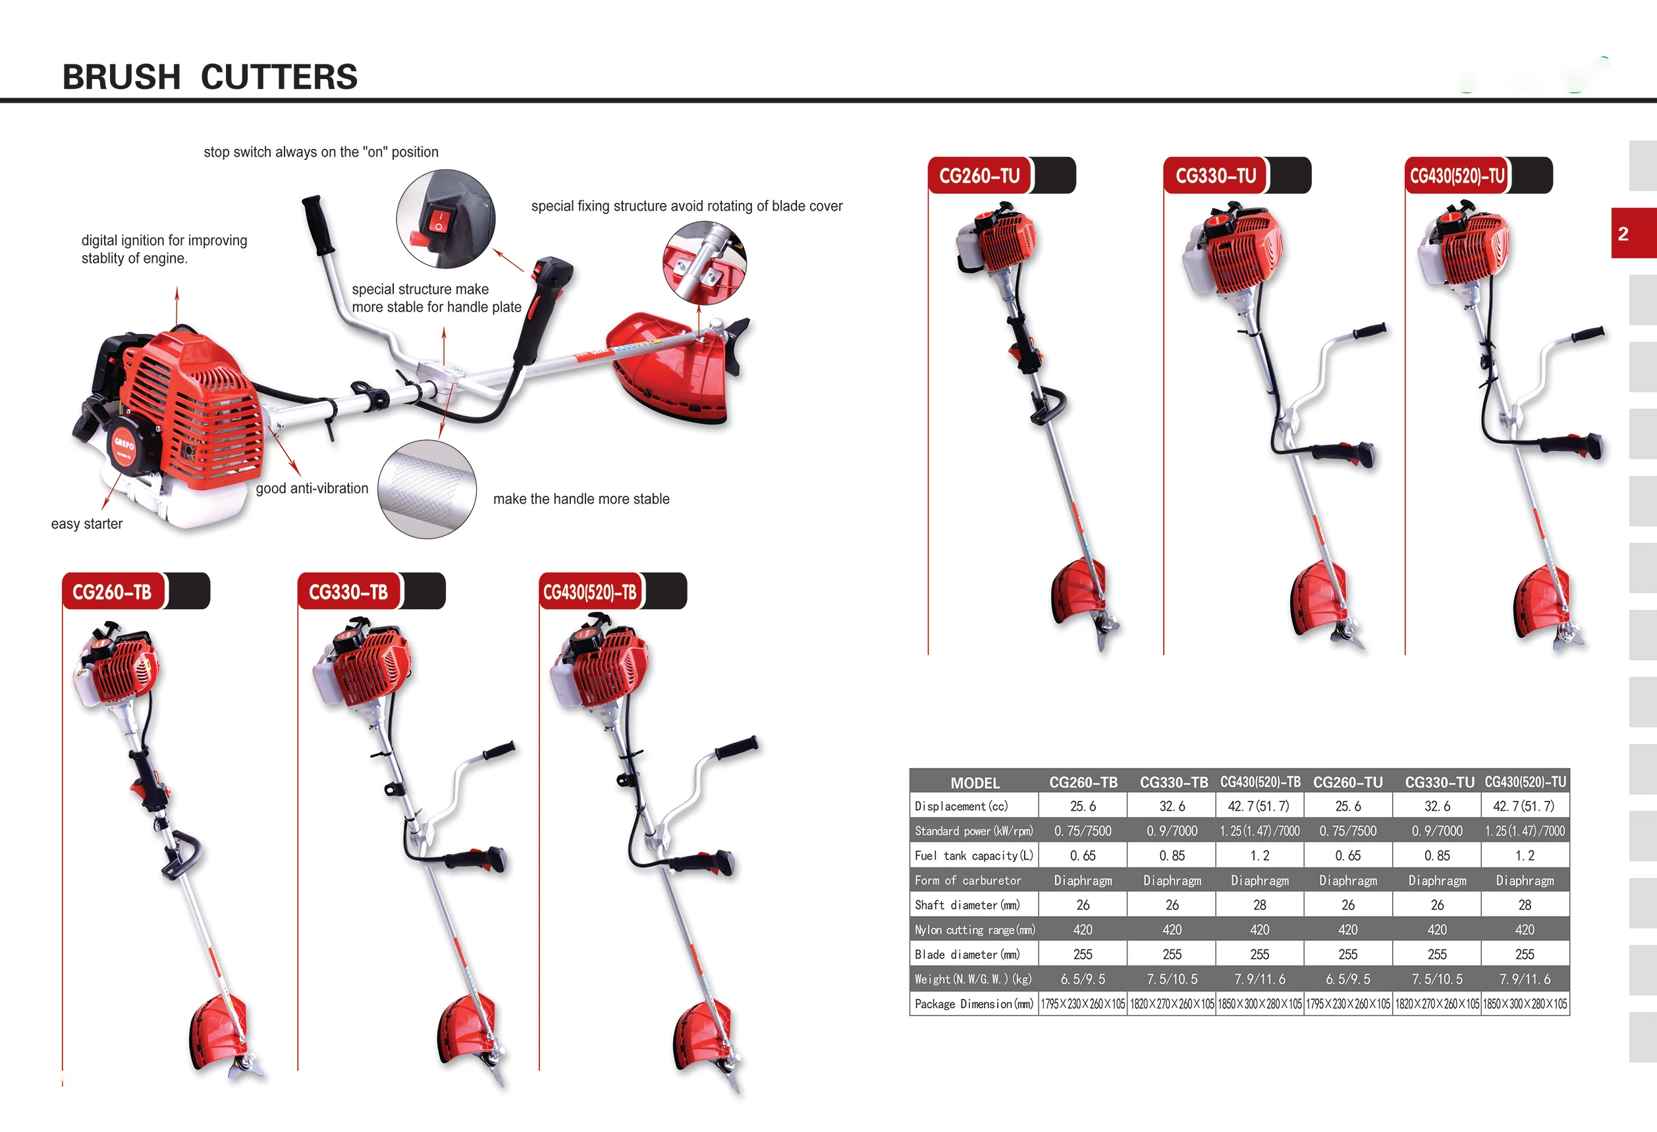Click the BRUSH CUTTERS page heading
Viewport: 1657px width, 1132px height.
[x=209, y=77]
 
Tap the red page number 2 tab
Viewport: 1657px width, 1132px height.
[x=1632, y=233]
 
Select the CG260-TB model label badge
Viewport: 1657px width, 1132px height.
[x=113, y=591]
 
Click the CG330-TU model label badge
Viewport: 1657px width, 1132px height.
[x=1216, y=175]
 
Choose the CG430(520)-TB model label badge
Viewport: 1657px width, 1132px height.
[x=589, y=591]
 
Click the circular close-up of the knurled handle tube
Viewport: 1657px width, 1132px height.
[x=426, y=489]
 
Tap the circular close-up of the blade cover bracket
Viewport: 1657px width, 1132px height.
[x=704, y=262]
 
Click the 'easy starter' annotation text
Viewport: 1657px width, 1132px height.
[x=87, y=524]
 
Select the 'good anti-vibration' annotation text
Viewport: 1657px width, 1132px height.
[x=312, y=489]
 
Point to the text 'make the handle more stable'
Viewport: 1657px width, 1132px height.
[x=581, y=499]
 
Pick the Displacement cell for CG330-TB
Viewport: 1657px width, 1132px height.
[x=1172, y=806]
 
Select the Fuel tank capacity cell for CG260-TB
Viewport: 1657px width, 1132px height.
[x=1082, y=855]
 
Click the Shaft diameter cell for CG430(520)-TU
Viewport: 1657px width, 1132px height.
[x=1525, y=905]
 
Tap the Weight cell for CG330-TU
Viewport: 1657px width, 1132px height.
[x=1436, y=979]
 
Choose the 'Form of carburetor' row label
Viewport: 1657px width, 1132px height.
[x=967, y=880]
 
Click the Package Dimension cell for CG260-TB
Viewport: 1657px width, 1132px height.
[x=1082, y=1004]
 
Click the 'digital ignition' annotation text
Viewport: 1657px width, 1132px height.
[x=164, y=249]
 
